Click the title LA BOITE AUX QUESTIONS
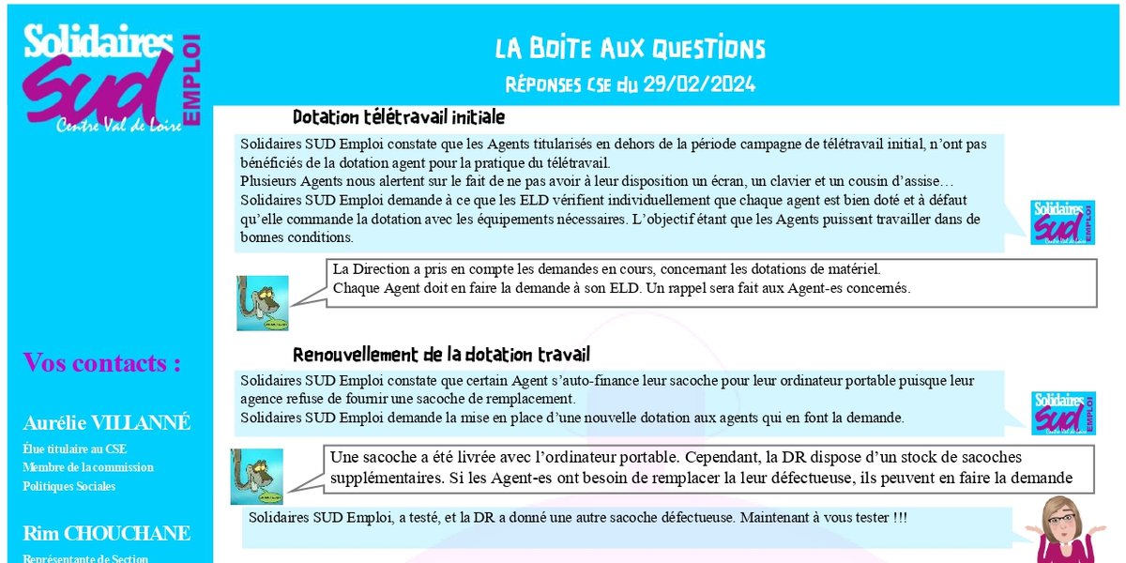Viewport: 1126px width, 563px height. click(631, 49)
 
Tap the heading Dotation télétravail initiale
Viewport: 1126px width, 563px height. click(399, 117)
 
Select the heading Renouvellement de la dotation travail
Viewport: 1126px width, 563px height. click(441, 355)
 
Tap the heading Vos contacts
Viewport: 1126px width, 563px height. click(101, 363)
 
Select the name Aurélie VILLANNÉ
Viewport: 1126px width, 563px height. click(106, 423)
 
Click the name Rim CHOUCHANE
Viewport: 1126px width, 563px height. click(106, 534)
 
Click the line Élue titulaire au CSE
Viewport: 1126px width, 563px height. click(74, 449)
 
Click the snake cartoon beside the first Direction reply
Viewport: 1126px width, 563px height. click(262, 302)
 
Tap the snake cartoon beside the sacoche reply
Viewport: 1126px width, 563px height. click(256, 476)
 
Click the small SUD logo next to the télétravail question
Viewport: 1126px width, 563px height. click(1062, 222)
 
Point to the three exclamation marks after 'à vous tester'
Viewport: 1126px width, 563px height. click(897, 518)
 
